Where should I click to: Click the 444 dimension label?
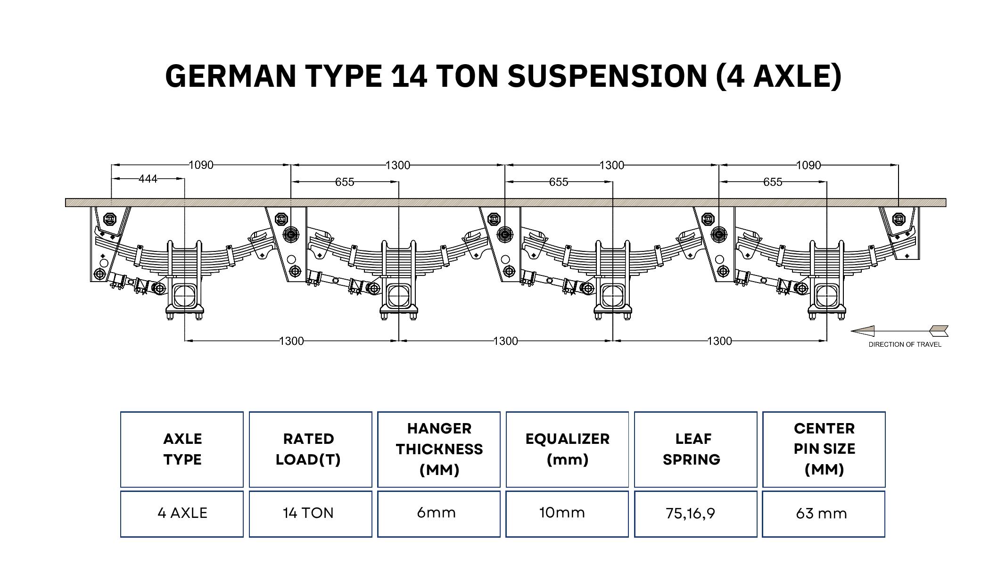tap(148, 179)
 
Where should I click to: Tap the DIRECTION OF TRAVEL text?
tap(905, 344)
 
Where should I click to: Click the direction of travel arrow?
tap(899, 331)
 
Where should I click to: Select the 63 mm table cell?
tap(824, 514)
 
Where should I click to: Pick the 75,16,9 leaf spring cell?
tap(695, 514)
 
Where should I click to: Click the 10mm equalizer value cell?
tap(567, 514)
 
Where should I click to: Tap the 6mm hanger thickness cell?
tap(438, 514)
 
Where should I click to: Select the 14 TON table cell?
tap(310, 514)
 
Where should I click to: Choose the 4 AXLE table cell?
tap(182, 514)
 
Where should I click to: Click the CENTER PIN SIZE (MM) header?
tap(824, 449)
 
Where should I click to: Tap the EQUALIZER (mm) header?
tap(567, 449)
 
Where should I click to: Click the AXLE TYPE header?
tap(182, 449)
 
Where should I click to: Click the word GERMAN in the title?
tap(231, 76)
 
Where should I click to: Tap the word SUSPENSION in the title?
tap(607, 76)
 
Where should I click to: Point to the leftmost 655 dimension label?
tap(345, 182)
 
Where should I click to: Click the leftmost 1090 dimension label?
tap(201, 165)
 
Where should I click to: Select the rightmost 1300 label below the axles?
tap(719, 341)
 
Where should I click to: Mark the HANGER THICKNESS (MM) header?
tap(439, 449)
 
